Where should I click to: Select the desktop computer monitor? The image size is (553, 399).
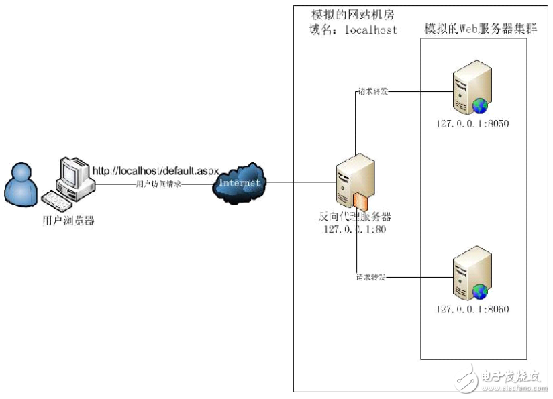coord(72,173)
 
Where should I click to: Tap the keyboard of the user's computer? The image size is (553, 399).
coord(59,199)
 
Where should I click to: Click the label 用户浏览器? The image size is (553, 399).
coord(64,220)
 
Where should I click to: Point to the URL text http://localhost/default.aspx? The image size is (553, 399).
coord(156,172)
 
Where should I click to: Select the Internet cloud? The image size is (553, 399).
coord(238,182)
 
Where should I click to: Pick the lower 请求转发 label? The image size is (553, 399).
coord(373,276)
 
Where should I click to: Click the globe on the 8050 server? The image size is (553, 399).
coord(481,105)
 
